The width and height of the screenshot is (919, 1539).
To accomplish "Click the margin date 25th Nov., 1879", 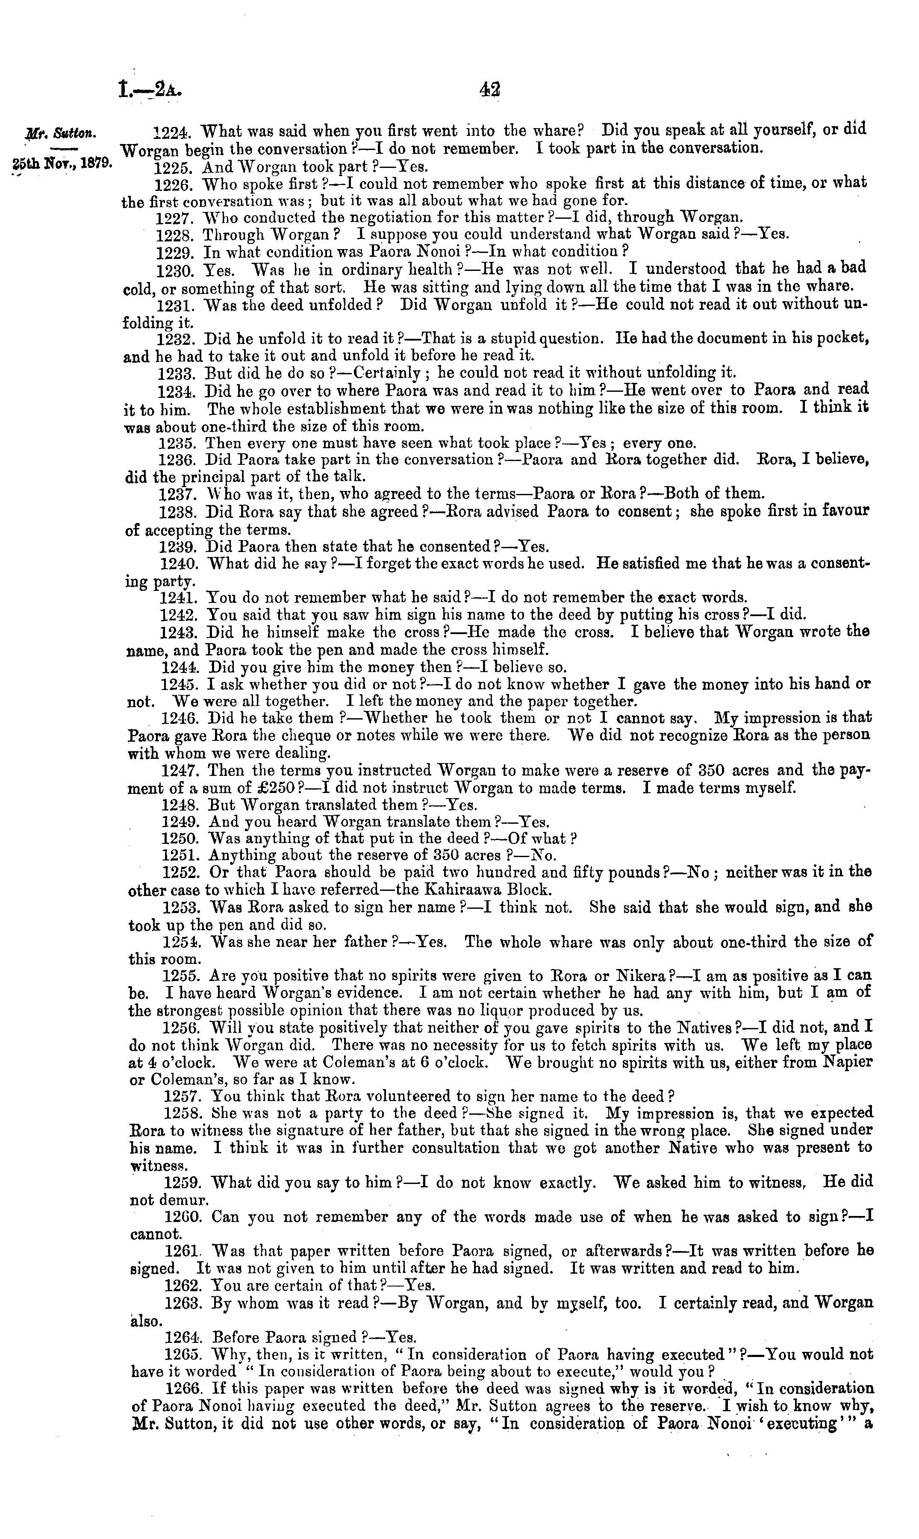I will [x=61, y=164].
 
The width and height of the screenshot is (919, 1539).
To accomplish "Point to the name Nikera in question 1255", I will [x=643, y=976].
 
